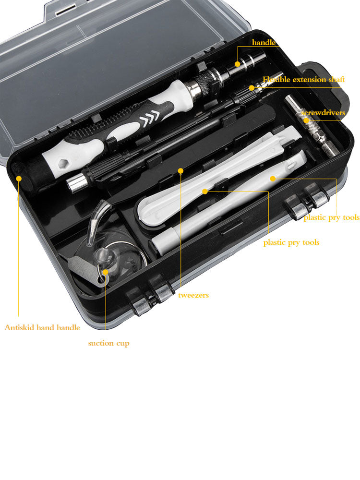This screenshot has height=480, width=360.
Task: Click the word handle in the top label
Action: (x=264, y=42)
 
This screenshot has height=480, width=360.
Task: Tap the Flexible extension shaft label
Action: (x=304, y=80)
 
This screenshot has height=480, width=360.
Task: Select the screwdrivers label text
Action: (x=324, y=113)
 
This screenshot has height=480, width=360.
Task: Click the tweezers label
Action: (x=193, y=295)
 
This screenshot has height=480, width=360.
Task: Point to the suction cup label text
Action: (x=108, y=343)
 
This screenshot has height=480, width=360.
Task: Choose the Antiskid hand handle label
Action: (x=42, y=327)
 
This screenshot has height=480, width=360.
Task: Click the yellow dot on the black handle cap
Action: (x=238, y=64)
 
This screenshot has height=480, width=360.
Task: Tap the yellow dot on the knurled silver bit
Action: (x=306, y=120)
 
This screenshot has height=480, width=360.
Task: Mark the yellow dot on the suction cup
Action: (x=105, y=272)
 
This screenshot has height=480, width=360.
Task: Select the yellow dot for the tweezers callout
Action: (x=180, y=171)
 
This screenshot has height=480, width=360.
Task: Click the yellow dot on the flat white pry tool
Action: (x=205, y=192)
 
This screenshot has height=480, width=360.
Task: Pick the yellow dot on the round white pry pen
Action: (x=273, y=179)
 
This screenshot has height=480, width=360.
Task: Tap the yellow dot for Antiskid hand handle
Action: (x=19, y=178)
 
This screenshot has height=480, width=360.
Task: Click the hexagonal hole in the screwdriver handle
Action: (x=63, y=164)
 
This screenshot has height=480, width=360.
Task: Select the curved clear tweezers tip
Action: (x=96, y=219)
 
